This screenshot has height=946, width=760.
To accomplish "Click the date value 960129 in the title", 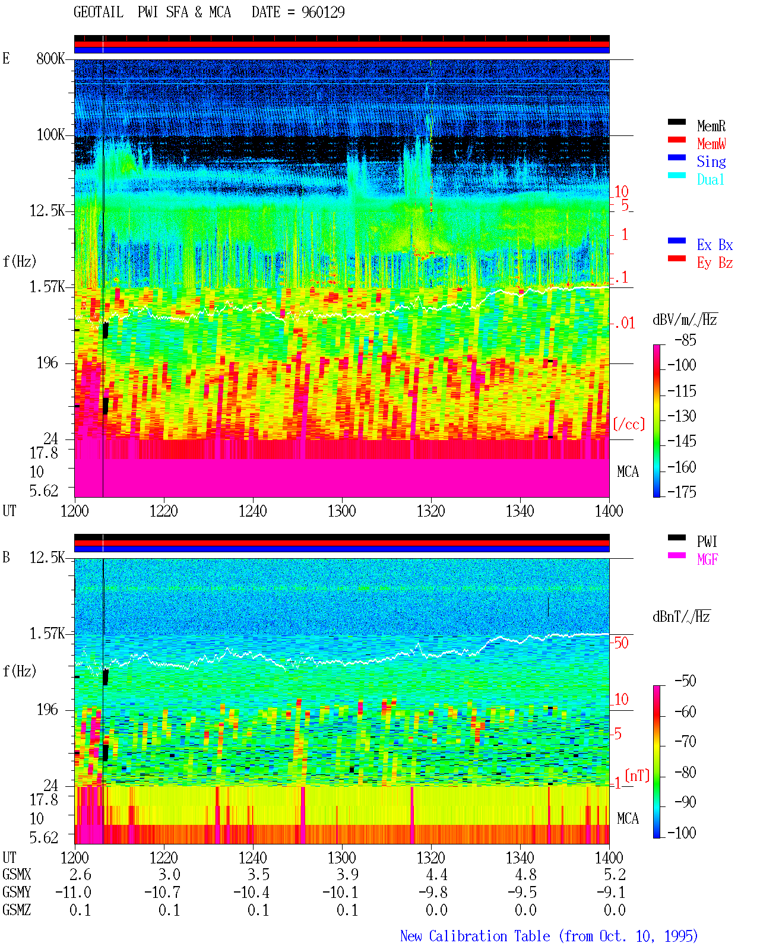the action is coord(323,12).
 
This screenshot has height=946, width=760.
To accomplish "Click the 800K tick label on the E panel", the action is coord(50,58).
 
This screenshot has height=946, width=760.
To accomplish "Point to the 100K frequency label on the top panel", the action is coord(50,135).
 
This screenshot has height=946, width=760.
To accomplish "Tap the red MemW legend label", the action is coord(711,144).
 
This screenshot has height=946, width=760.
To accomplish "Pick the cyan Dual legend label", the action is coord(711,179).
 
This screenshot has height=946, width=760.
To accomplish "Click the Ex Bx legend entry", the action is coord(715,245).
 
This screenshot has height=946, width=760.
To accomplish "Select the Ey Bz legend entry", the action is coord(715,263).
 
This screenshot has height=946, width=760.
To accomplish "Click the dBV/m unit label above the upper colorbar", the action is coord(685,319).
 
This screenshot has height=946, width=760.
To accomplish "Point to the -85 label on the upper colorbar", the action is coord(685,340).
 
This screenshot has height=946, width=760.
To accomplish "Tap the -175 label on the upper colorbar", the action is coord(682,492).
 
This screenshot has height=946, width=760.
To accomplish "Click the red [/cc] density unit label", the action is coord(629,424).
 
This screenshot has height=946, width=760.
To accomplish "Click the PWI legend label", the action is coord(707,541).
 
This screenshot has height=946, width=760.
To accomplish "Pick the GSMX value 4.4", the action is coord(436,875).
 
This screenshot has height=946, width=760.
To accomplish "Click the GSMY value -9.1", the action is coord(610,893).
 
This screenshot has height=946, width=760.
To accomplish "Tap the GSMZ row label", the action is coord(17,910).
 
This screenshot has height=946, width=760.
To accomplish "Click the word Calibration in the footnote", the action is coord(467,936).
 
